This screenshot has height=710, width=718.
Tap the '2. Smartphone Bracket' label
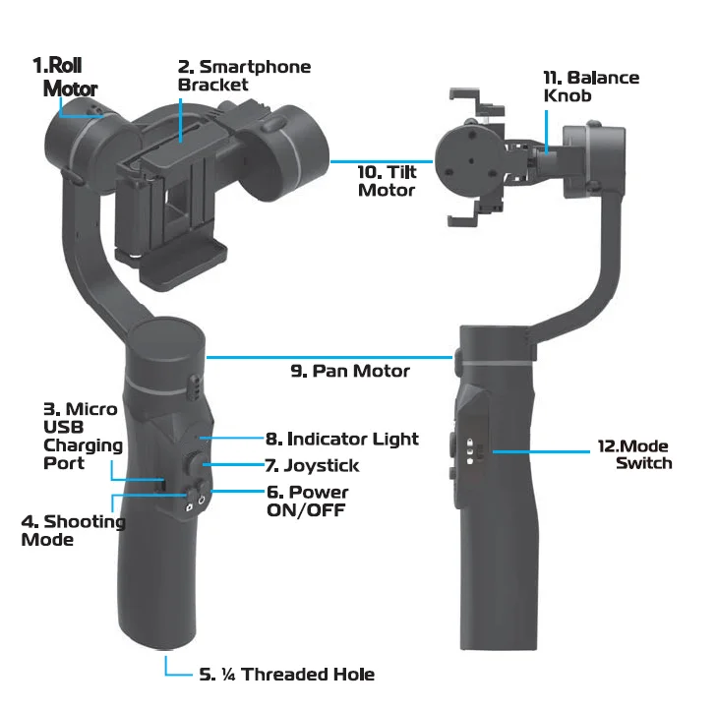coord(243,76)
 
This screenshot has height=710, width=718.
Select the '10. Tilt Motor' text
coord(387,181)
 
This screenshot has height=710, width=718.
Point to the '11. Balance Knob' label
coord(591,87)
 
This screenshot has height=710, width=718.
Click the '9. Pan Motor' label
coord(349,371)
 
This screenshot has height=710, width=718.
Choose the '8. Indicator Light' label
coord(341,439)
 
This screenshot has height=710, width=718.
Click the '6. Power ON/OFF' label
coord(307,501)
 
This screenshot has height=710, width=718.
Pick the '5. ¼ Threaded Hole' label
coord(286,674)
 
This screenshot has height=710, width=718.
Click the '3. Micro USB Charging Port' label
coord(82,436)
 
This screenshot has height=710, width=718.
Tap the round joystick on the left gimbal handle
coord(197,462)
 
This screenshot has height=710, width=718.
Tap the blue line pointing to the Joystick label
coord(236,464)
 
